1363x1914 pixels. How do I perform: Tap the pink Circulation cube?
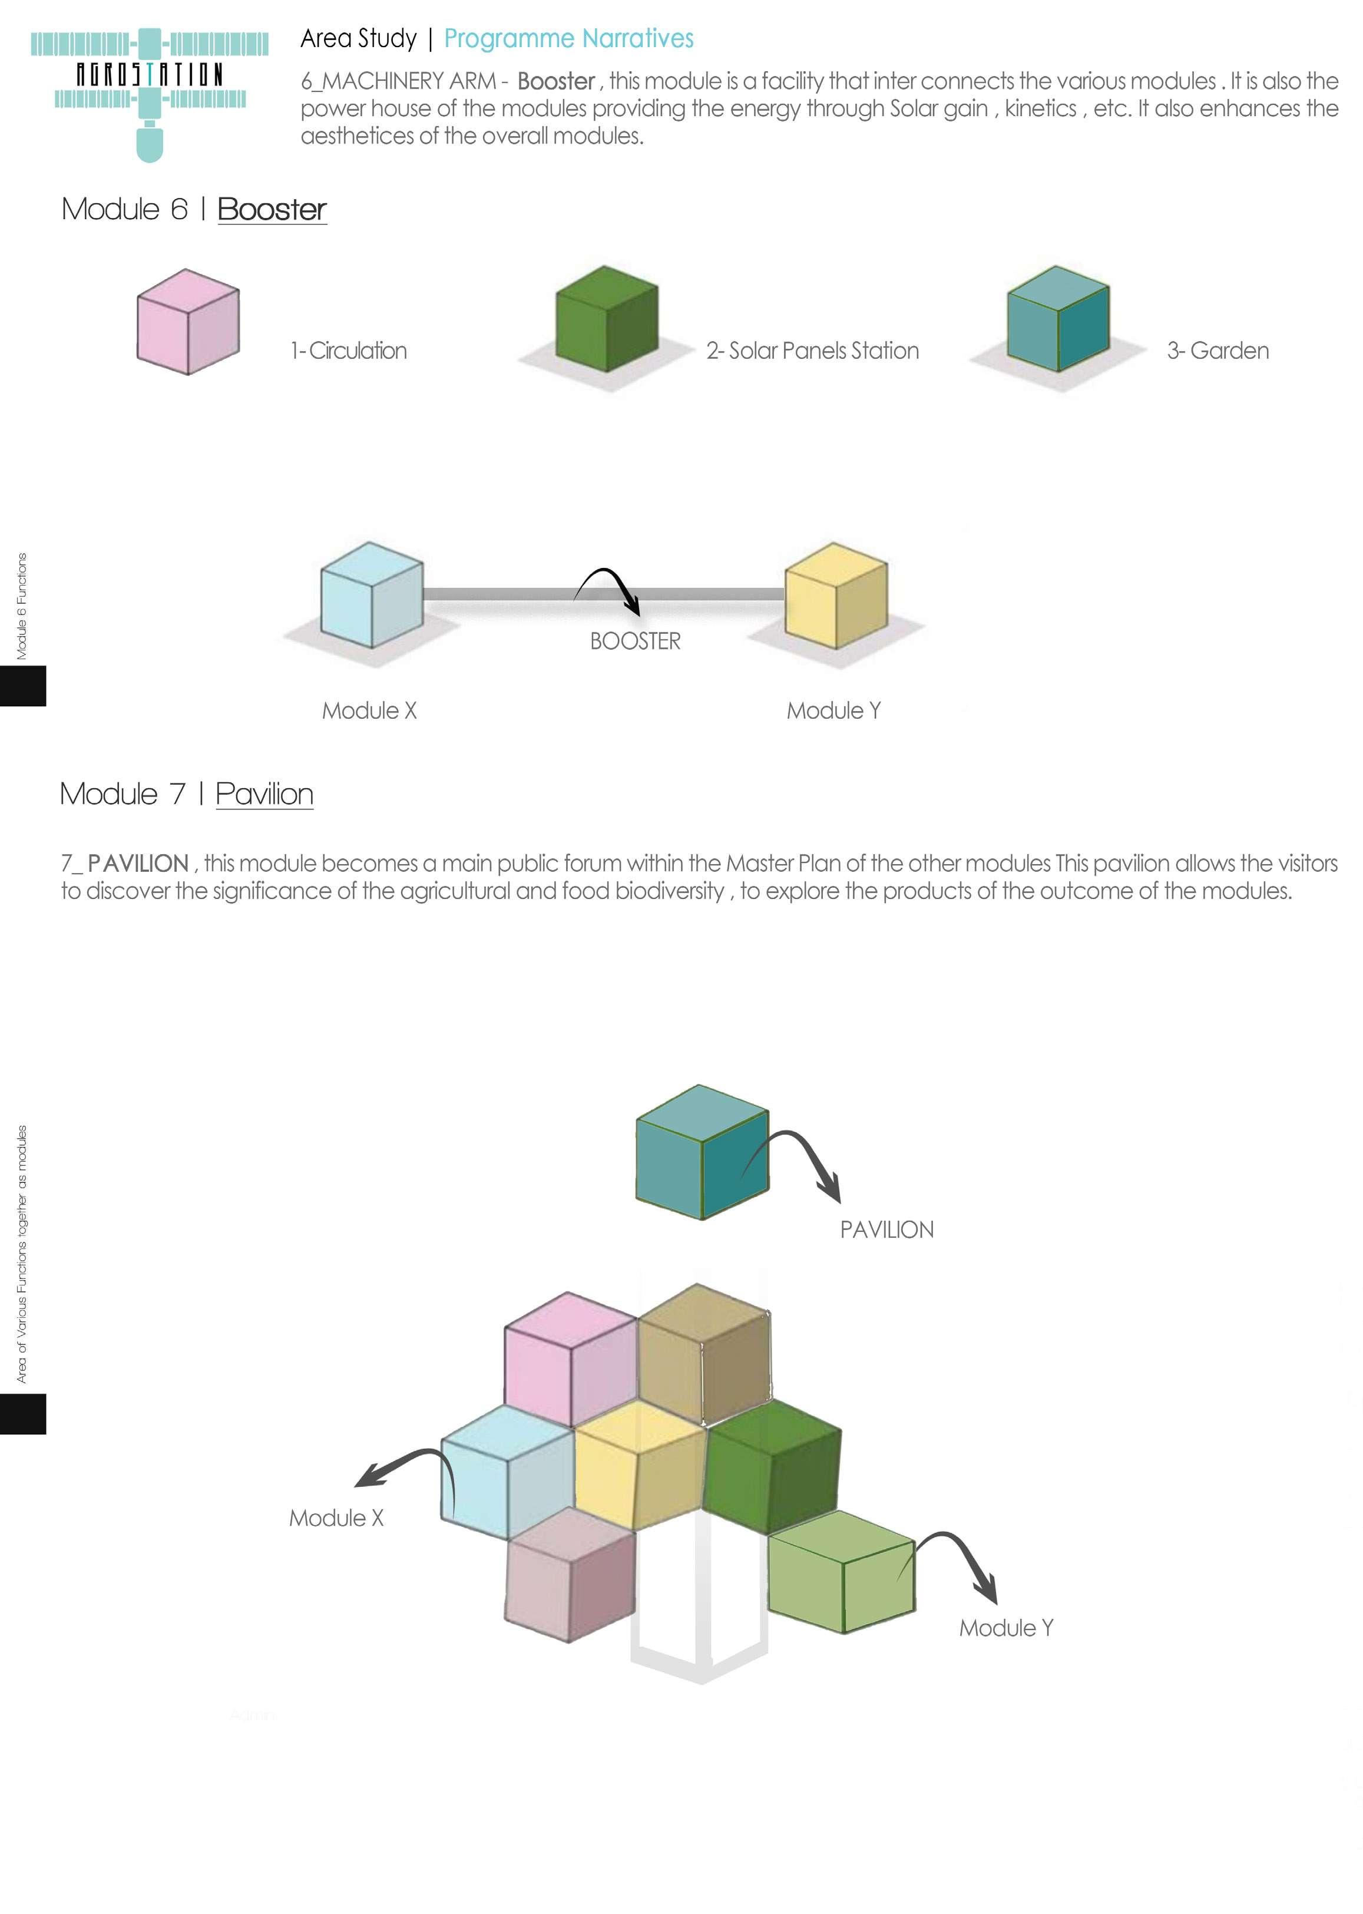(x=188, y=322)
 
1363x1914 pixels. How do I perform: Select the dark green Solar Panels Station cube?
(x=606, y=319)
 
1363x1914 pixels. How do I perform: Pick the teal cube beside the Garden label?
(x=1057, y=319)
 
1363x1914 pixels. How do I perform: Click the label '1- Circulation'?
(x=348, y=351)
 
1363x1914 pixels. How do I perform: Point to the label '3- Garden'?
(x=1217, y=351)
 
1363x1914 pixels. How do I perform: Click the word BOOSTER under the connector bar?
(x=636, y=642)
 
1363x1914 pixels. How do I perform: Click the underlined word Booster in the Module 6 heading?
(x=271, y=210)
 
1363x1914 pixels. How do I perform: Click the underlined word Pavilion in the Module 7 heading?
(x=264, y=794)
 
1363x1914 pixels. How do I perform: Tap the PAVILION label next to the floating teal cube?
(x=886, y=1230)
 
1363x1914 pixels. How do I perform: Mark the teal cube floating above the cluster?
(x=702, y=1152)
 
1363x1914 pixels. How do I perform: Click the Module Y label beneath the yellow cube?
(x=833, y=711)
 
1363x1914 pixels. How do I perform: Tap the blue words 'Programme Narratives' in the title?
(x=568, y=39)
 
